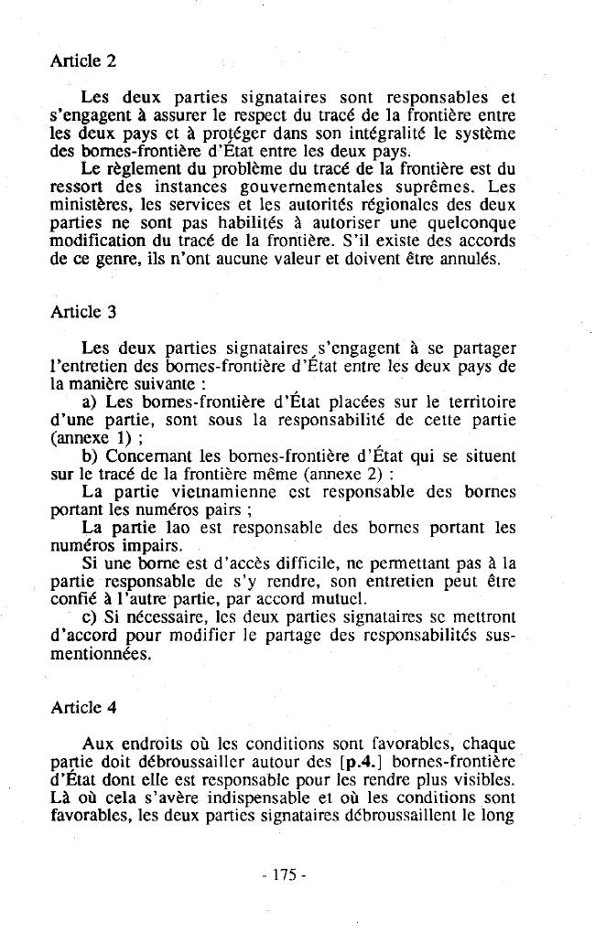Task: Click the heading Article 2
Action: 82,62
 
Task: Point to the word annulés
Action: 468,259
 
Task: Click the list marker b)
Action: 90,455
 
